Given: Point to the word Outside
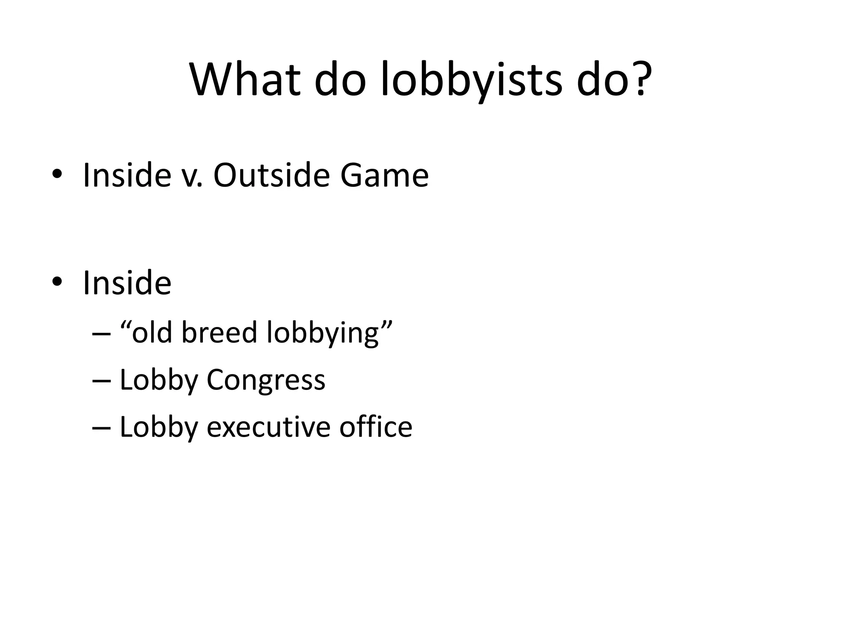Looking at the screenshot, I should [271, 175].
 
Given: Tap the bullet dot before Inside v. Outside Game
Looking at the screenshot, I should [57, 175].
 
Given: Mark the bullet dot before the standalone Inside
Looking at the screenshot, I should [57, 282].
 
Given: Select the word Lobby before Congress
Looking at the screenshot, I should [159, 380].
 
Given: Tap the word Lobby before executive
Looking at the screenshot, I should [159, 427].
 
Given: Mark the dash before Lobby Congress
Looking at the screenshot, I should [101, 380].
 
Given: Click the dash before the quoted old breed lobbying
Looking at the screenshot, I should [101, 333].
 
